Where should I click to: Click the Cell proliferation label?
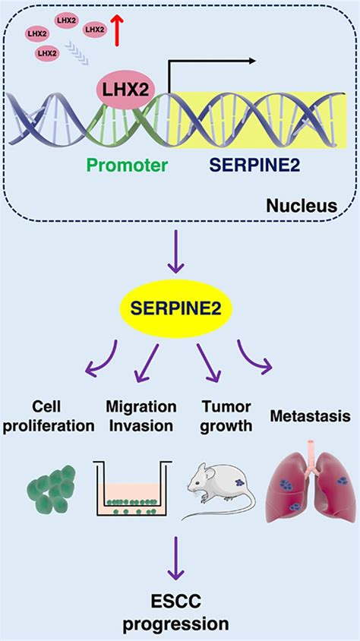click(x=47, y=417)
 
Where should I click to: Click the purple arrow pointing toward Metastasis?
click(x=256, y=357)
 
